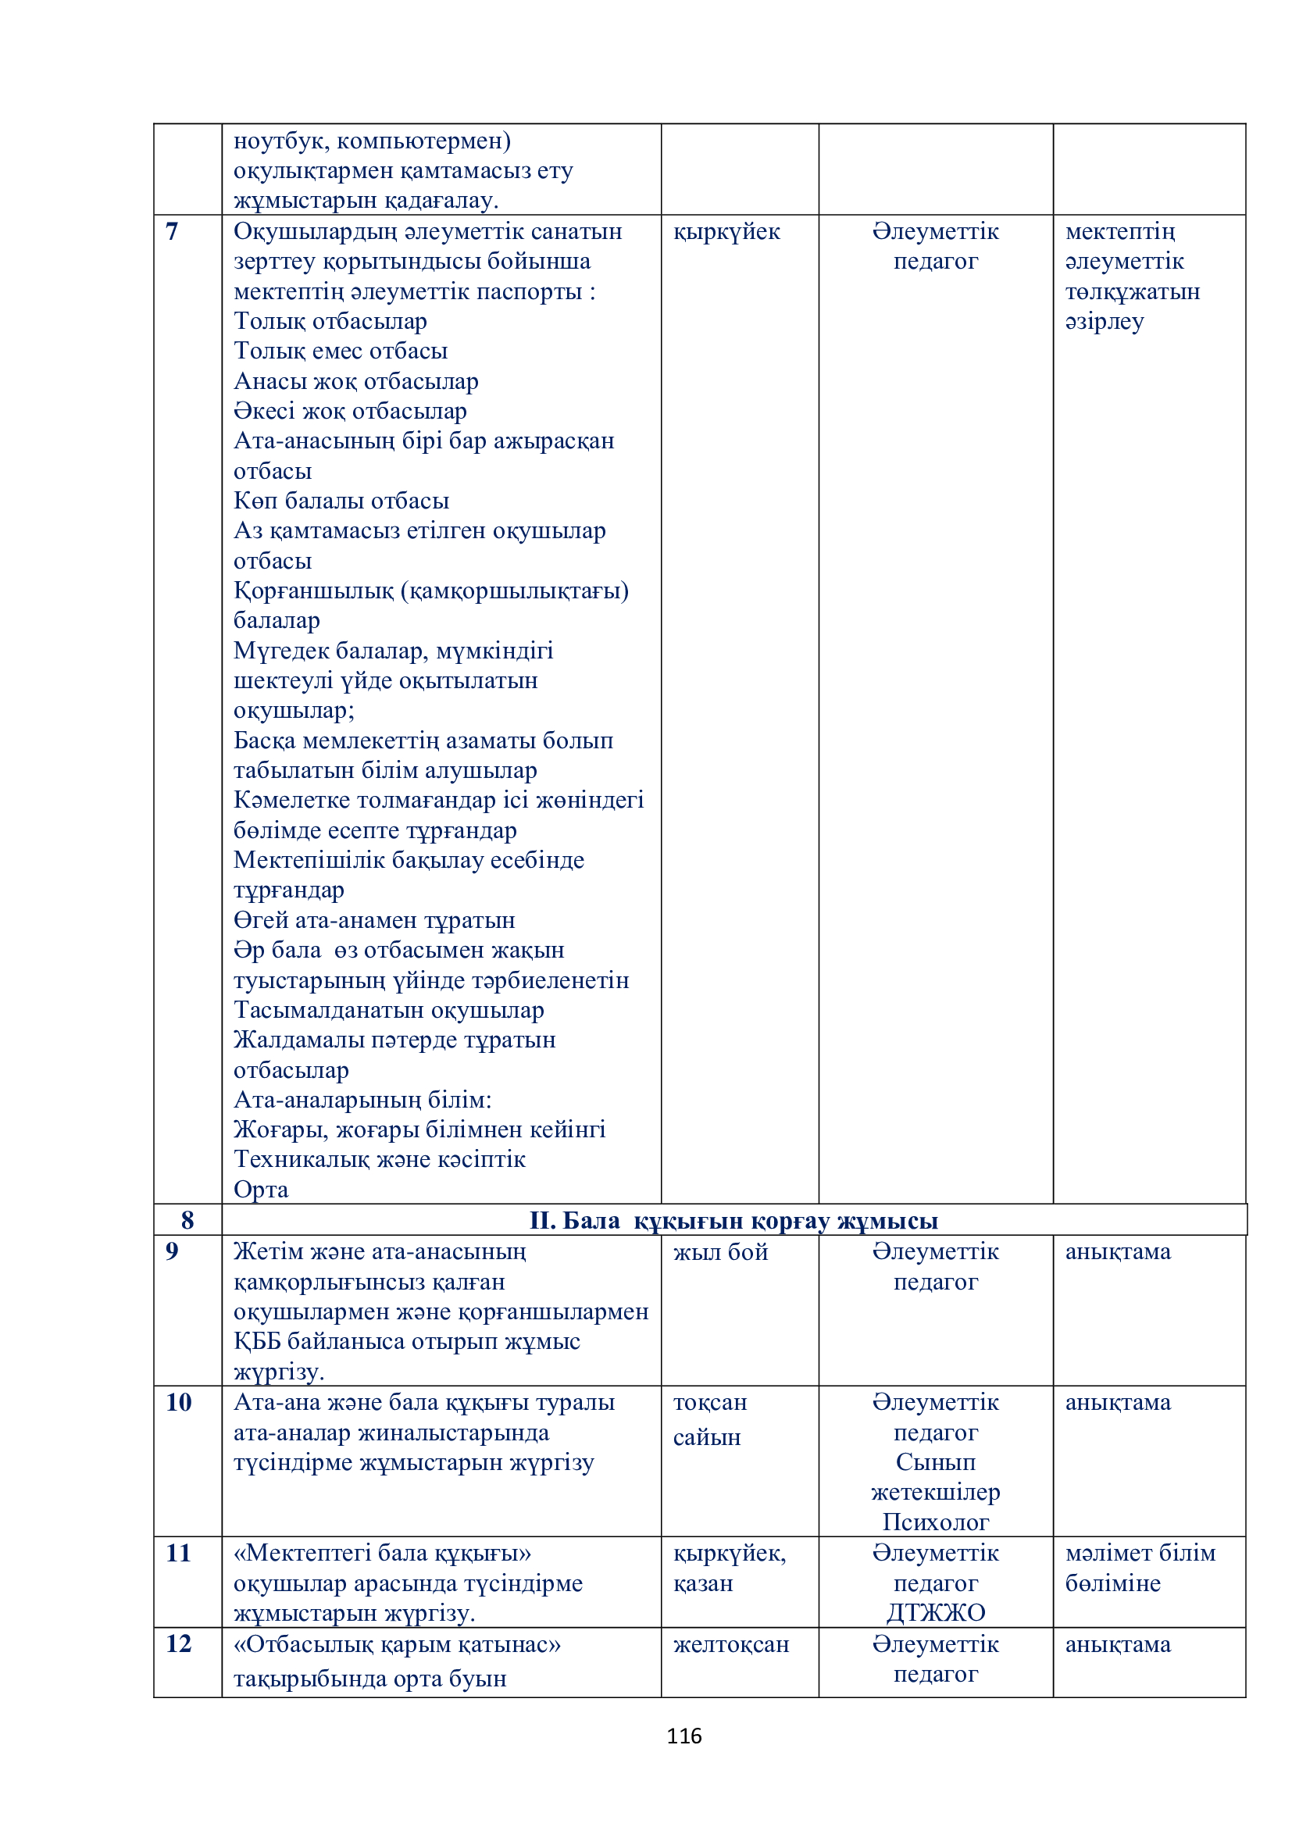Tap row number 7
(172, 231)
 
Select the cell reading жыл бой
(720, 1252)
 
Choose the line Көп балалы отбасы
(341, 501)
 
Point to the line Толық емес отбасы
(341, 351)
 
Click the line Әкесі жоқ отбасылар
(350, 412)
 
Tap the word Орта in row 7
(261, 1190)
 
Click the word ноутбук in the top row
(282, 141)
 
